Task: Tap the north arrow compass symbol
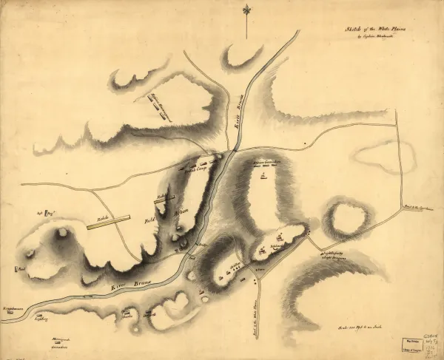[246, 10]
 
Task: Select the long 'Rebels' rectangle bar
[108, 222]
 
